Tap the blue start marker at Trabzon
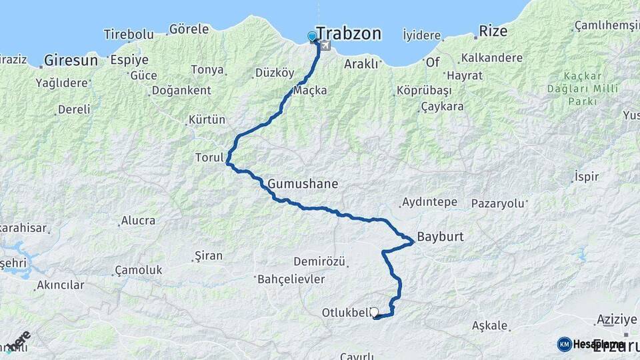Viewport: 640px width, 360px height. point(312,37)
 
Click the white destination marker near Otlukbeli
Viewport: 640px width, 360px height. point(374,311)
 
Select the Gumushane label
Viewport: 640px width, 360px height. point(303,183)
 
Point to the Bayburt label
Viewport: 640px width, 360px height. point(440,237)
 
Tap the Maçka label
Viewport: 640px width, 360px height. point(310,90)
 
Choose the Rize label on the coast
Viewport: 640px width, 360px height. point(493,31)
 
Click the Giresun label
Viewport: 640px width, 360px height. point(71,61)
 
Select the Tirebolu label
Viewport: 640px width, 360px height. point(129,34)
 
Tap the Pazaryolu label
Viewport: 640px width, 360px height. point(498,203)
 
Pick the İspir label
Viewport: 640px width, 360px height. point(586,177)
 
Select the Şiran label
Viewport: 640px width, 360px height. point(207,255)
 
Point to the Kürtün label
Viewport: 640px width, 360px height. point(207,120)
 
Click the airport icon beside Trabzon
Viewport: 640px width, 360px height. point(325,45)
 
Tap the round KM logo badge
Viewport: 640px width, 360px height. point(564,344)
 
